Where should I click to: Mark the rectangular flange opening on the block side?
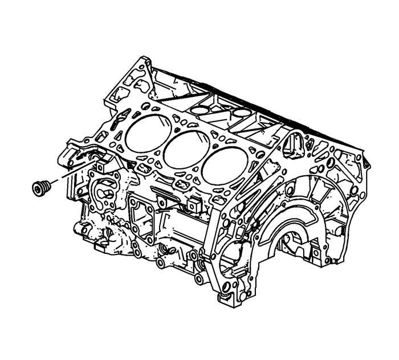click(143, 220)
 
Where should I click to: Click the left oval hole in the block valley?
click(201, 110)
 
